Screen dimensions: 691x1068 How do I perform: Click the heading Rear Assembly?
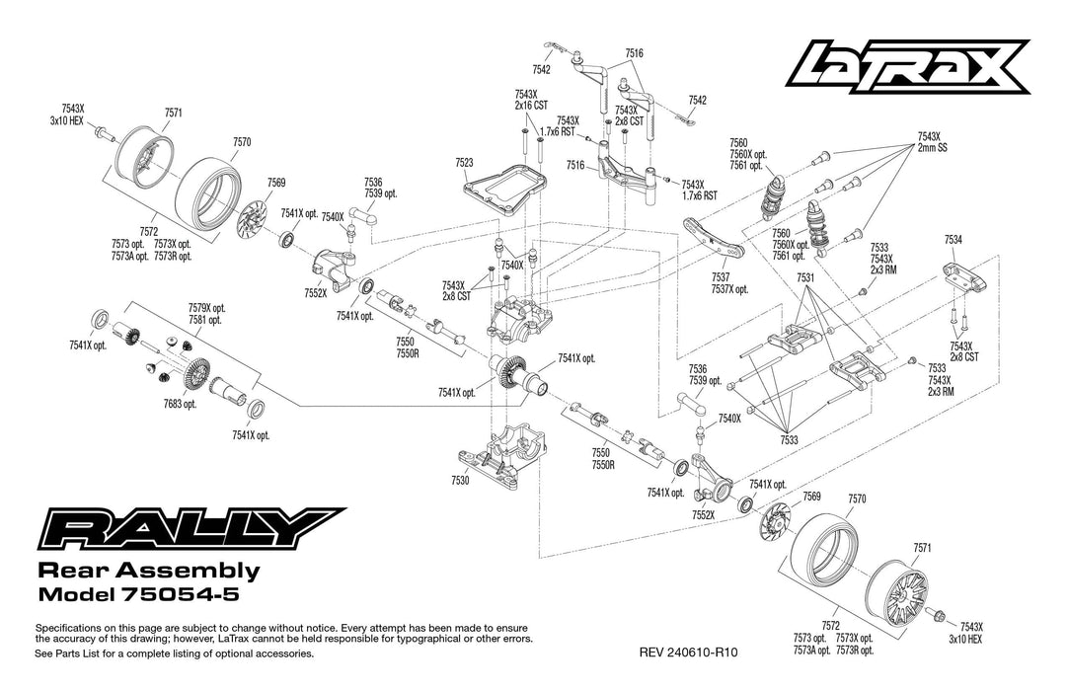(148, 571)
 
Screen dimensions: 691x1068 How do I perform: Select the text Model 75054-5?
(137, 595)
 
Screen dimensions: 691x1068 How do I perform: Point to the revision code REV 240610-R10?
(689, 653)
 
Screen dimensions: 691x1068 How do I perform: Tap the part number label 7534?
(953, 239)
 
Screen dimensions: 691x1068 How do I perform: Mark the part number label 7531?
(806, 279)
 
